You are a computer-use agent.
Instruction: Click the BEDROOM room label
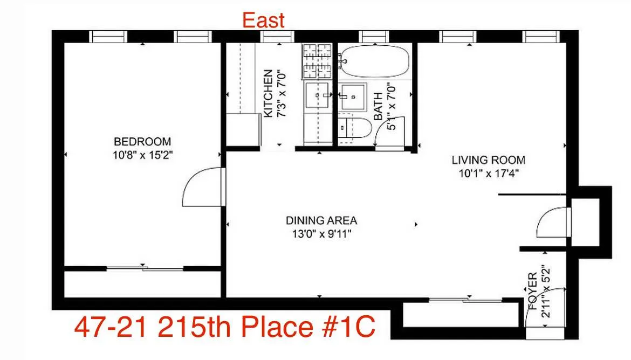click(x=142, y=142)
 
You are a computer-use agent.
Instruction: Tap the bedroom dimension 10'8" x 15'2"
click(x=142, y=155)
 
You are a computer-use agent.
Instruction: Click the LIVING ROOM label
click(x=488, y=160)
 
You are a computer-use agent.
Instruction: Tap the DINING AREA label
click(x=321, y=220)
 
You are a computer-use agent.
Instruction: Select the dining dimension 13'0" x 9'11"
click(x=321, y=234)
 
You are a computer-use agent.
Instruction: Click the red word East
click(x=263, y=20)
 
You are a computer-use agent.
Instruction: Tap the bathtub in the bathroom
click(x=374, y=61)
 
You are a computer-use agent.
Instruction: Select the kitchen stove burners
click(x=316, y=60)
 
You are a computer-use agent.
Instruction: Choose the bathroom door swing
click(x=390, y=135)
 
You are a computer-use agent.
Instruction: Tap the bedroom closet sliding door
click(x=143, y=268)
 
